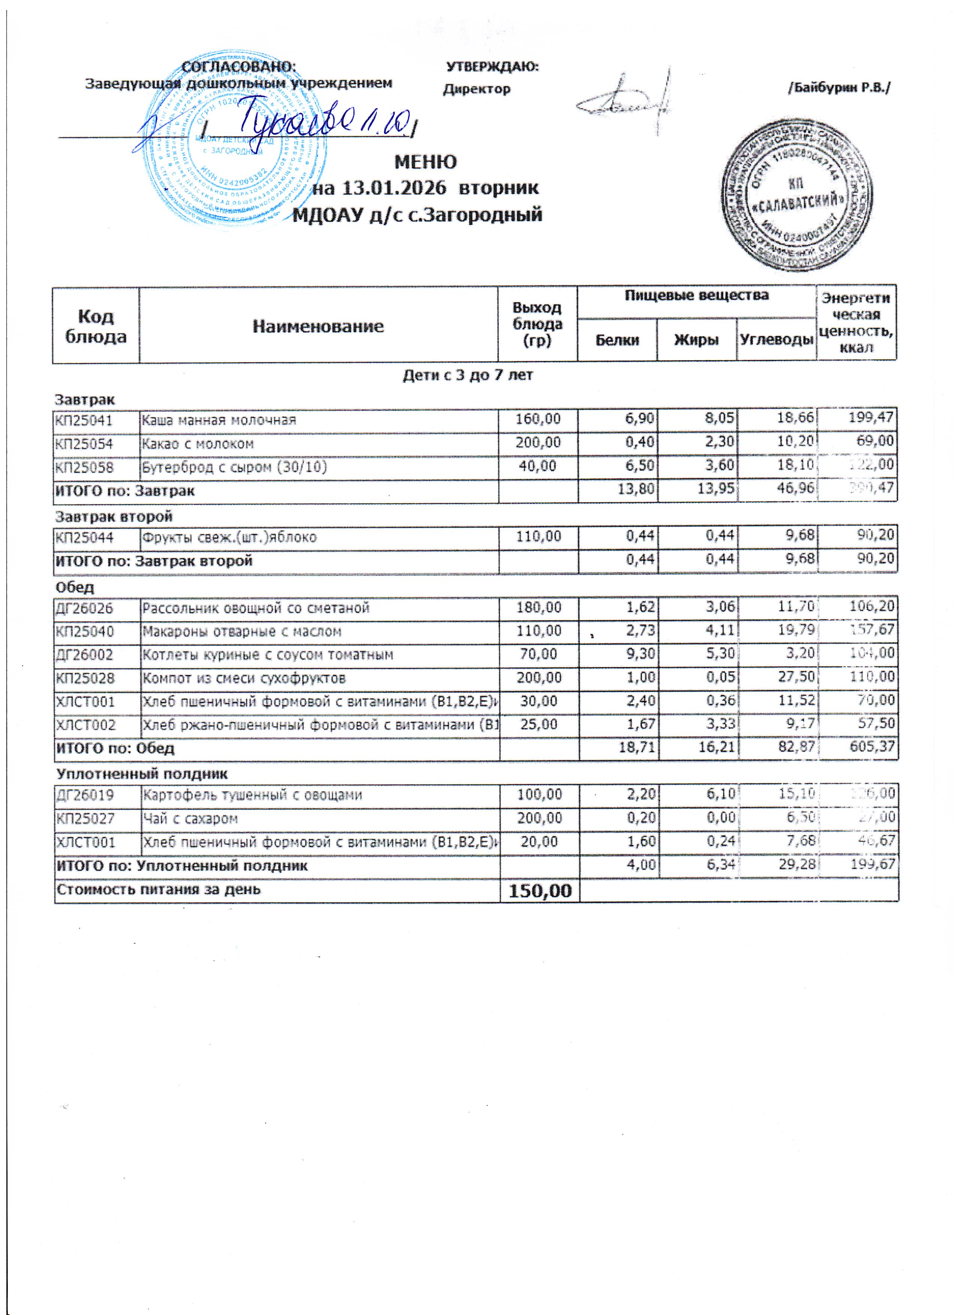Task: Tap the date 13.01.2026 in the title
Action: click(394, 188)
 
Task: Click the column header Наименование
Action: click(318, 326)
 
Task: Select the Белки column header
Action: click(617, 340)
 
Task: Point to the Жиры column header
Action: click(696, 340)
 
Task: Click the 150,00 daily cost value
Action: click(539, 891)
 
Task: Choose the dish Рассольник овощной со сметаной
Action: click(256, 608)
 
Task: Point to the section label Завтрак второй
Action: click(114, 516)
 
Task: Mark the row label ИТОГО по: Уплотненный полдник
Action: click(181, 866)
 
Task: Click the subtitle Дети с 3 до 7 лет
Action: click(468, 375)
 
